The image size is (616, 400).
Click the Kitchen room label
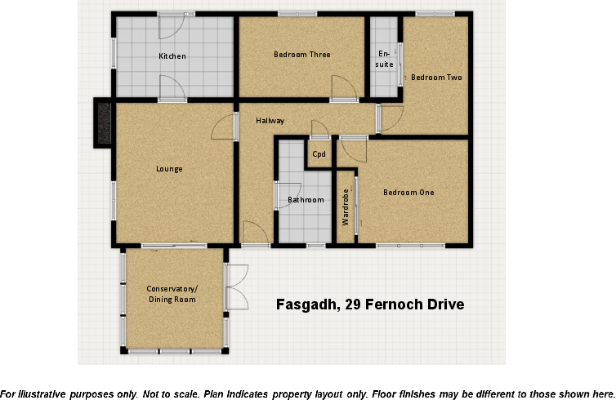(172, 56)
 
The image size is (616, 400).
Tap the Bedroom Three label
(301, 55)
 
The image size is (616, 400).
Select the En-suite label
(385, 59)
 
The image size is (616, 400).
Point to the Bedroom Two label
(436, 78)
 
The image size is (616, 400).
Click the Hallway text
(270, 121)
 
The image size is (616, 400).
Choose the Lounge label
(169, 169)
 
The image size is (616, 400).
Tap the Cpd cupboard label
(319, 154)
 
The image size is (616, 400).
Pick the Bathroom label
(306, 200)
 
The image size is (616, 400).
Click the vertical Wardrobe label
(346, 207)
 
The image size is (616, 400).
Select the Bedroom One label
(408, 193)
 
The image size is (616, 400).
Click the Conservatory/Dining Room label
(172, 295)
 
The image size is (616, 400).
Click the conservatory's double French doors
(237, 287)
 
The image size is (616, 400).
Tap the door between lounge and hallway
(224, 127)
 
